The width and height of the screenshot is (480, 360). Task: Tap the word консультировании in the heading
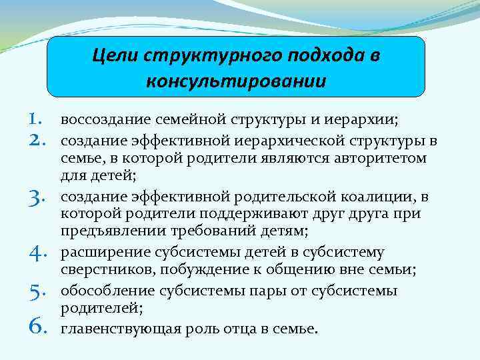coord(235,81)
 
